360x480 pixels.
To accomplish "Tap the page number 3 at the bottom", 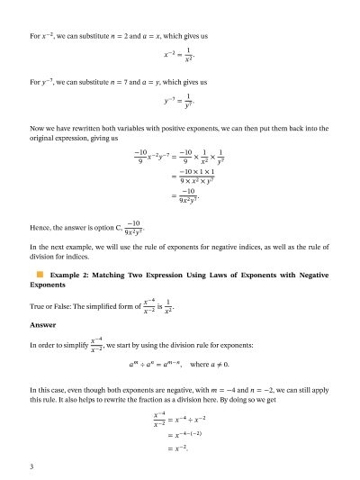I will pos(31,466).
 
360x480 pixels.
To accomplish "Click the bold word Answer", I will pos(42,325).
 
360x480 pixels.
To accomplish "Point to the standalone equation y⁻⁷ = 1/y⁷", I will pos(180,99).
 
